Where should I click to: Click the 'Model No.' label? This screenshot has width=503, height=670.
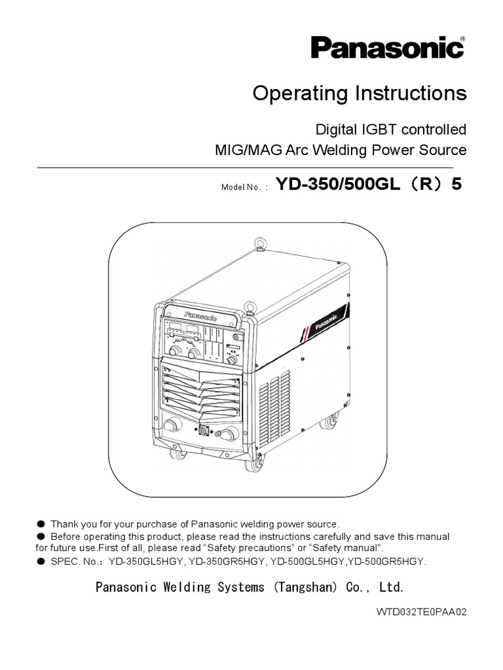coord(245,186)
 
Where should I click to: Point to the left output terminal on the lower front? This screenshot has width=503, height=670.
coord(171,426)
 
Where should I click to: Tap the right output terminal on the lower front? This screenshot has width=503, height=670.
coord(229,434)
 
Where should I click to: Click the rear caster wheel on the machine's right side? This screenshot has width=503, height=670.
coord(330,421)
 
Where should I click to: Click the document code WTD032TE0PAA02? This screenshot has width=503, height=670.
coord(421,613)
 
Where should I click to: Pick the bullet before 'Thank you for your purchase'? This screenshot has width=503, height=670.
coord(41,524)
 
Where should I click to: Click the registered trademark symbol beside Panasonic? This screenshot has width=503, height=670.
coord(462,39)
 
